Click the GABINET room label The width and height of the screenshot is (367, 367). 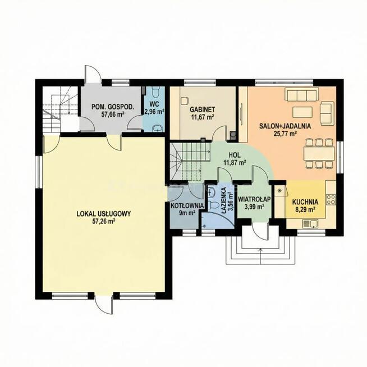click(202, 109)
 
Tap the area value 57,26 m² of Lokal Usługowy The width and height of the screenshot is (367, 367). click(104, 221)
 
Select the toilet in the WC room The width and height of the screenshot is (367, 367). click(155, 92)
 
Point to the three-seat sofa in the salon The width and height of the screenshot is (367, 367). click(302, 94)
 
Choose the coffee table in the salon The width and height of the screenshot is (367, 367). click(302, 112)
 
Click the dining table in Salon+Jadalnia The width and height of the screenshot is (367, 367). click(319, 153)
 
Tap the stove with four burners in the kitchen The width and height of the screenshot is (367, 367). click(331, 199)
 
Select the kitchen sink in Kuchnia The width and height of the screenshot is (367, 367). click(310, 224)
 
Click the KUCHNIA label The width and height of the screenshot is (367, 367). click(305, 202)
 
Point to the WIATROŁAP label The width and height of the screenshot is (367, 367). click(254, 199)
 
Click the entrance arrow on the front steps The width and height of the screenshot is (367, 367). click(261, 256)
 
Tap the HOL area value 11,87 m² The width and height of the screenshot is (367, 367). click(235, 162)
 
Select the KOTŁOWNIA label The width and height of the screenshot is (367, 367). click(187, 206)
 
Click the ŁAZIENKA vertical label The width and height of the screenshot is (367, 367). click(224, 200)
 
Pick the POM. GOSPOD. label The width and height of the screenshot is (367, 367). click(113, 107)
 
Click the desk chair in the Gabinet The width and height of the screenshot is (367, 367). click(185, 100)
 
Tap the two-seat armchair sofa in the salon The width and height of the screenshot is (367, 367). click(327, 112)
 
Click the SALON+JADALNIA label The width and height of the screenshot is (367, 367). click(285, 126)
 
